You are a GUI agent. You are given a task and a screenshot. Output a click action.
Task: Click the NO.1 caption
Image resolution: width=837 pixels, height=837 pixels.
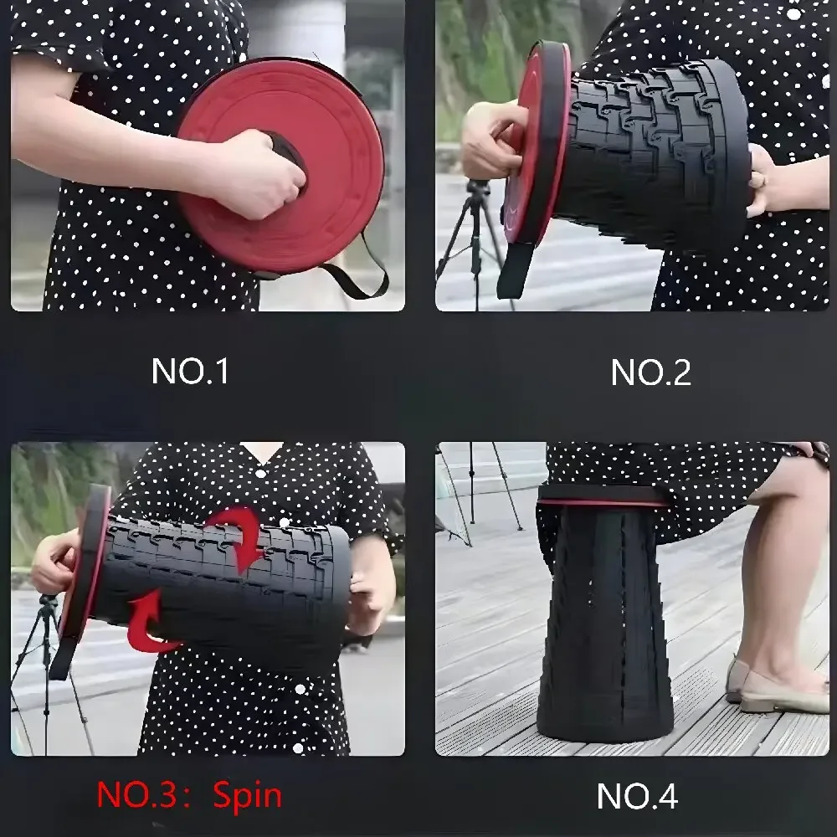click(x=190, y=371)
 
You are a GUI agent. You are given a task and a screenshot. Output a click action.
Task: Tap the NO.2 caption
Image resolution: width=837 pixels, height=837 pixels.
click(x=650, y=372)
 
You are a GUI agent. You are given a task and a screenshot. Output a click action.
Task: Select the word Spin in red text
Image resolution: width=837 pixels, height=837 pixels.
click(x=247, y=795)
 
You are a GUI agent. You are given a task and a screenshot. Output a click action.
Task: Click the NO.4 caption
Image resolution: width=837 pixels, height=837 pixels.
click(x=637, y=796)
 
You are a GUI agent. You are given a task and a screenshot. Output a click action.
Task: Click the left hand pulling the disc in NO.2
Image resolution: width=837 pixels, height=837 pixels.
click(x=490, y=138)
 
